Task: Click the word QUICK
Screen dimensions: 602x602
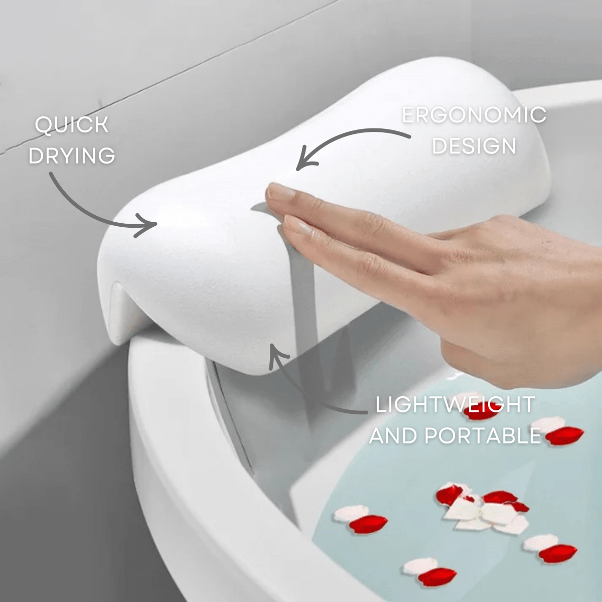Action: point(71,125)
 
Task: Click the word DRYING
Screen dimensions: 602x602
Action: point(72,156)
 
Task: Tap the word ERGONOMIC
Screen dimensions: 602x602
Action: point(474,115)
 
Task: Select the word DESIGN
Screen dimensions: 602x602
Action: point(474,146)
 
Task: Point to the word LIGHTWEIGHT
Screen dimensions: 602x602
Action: point(455,405)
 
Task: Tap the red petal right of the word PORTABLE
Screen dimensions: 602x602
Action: point(564,435)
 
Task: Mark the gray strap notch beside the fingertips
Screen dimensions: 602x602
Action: point(258,207)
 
